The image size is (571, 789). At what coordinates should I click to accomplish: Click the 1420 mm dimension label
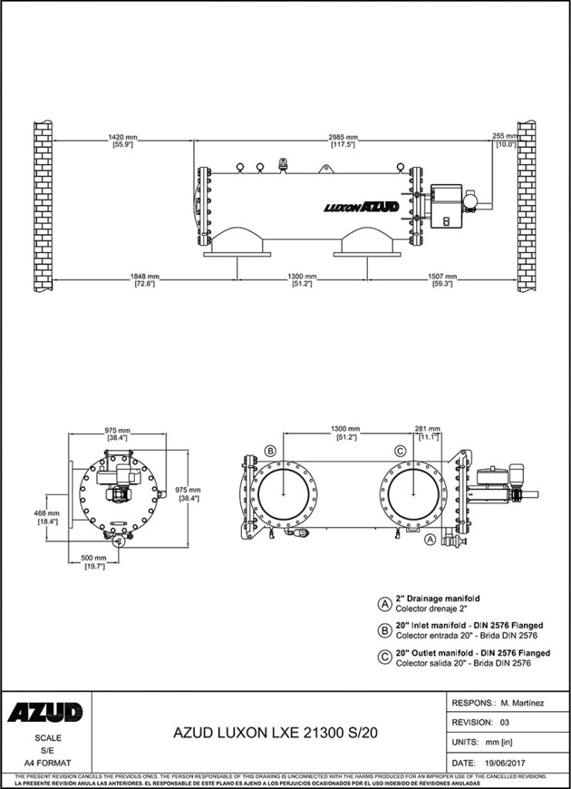point(123,136)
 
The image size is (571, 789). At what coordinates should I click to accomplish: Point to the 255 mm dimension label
point(506,136)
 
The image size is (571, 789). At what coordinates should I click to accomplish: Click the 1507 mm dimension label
point(442,276)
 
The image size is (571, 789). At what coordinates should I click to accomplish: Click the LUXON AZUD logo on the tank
point(361,206)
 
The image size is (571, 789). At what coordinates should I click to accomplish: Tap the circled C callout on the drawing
point(400,451)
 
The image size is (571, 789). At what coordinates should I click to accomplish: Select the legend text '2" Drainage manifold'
point(438,599)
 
